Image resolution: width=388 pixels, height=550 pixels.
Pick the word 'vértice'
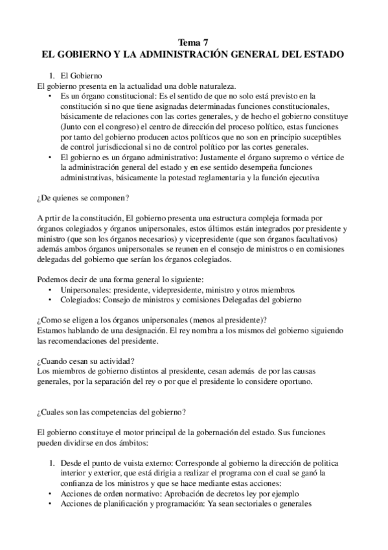pos(325,158)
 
